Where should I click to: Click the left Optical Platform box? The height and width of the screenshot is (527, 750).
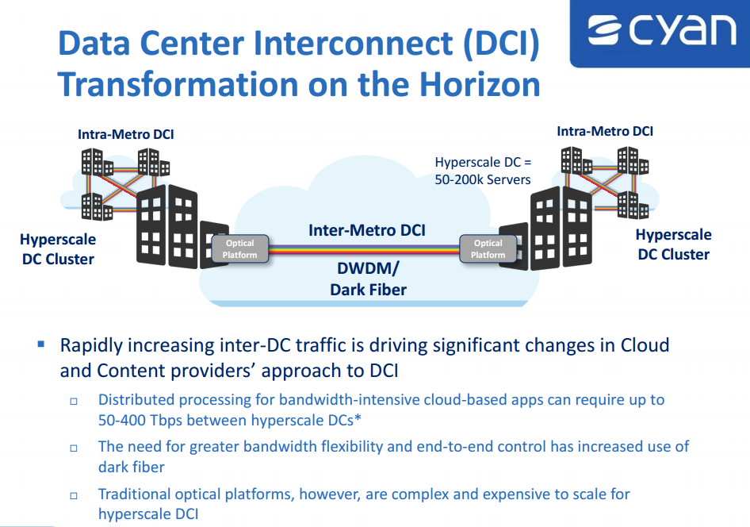pos(240,249)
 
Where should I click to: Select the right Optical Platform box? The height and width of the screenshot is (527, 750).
pos(488,249)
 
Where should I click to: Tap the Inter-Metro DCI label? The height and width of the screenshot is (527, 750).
pos(367,230)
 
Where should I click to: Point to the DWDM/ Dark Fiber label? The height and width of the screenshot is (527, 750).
pos(368,279)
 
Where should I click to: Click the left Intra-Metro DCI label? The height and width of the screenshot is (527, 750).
pos(126,134)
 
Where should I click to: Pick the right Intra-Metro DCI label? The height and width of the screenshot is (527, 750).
pos(605,131)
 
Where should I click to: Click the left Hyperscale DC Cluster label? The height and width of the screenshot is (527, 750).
pos(58,249)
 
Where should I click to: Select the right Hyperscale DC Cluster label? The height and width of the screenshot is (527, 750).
pos(673,244)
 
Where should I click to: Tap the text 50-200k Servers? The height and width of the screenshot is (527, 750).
pos(483,179)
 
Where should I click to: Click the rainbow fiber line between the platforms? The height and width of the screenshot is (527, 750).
pos(364,249)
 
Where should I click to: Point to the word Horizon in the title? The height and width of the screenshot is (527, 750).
pos(480,85)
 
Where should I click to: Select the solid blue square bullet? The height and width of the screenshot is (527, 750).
pos(41,344)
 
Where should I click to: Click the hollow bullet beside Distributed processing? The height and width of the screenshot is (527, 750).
pos(74,401)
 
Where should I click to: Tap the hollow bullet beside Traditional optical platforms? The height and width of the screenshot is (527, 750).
pos(74,495)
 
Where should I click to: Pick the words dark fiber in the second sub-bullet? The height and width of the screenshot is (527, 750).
pos(131,467)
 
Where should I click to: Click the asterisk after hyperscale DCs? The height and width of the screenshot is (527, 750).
pos(358,417)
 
